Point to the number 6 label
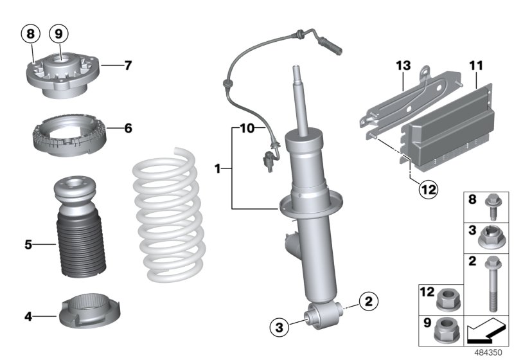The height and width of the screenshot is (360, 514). (x=128, y=129)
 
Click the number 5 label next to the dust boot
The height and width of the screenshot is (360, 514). (x=28, y=244)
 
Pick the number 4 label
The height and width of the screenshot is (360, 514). (x=28, y=316)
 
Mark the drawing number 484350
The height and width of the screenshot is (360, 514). (x=490, y=352)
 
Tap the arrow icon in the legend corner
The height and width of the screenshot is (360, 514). (x=486, y=332)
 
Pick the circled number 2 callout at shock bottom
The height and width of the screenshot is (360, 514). (x=368, y=300)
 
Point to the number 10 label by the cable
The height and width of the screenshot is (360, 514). (x=248, y=129)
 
